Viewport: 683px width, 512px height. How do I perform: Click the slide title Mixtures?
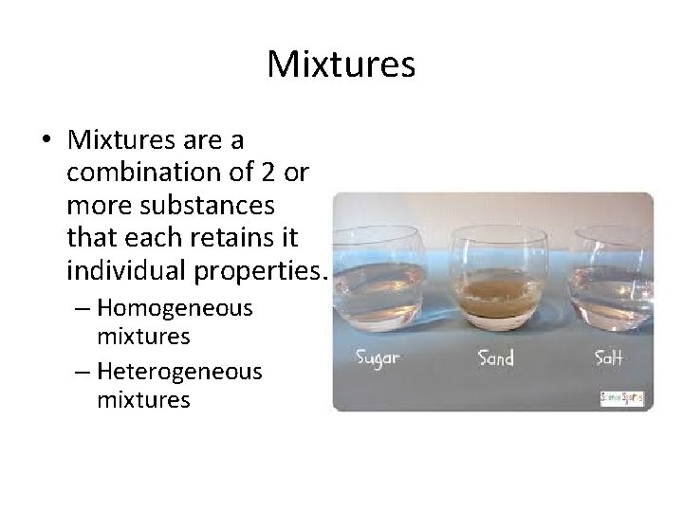click(341, 64)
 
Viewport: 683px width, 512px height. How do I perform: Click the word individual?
click(126, 273)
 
